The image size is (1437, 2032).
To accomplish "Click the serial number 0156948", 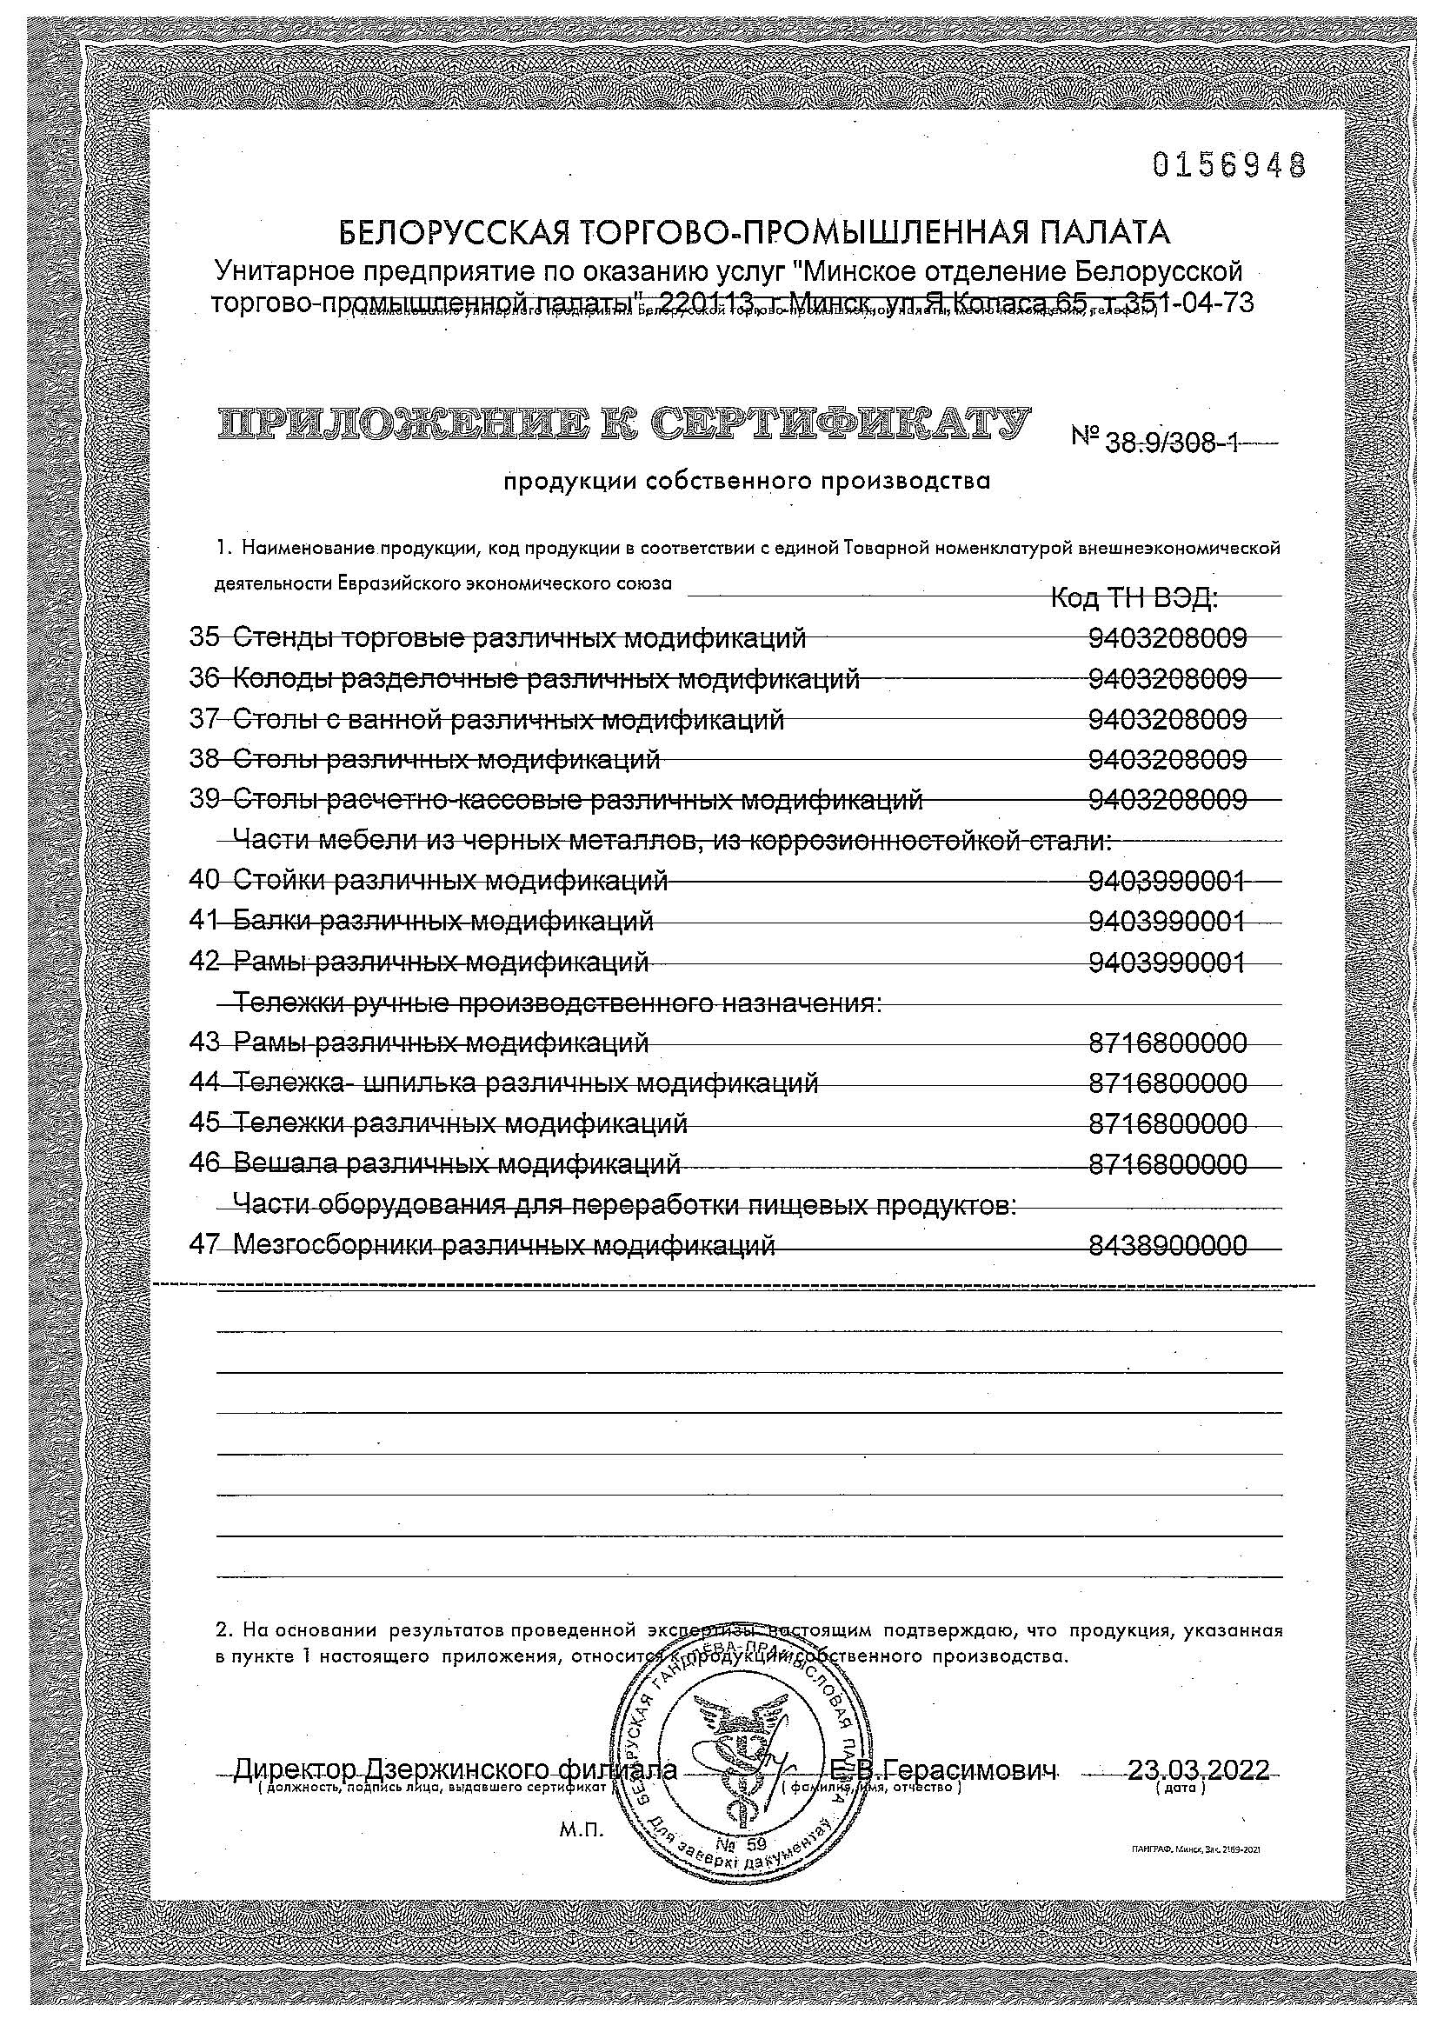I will [x=1230, y=164].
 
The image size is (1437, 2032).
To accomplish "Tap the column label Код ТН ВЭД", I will [x=1134, y=599].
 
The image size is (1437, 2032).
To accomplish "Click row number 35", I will [x=204, y=637].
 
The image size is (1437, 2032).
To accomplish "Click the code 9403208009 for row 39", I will [x=1167, y=799].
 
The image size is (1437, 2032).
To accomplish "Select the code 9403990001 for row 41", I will [x=1167, y=922].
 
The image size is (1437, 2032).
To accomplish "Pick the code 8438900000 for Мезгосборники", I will [x=1167, y=1245].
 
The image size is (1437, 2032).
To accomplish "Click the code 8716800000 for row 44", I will [x=1167, y=1083].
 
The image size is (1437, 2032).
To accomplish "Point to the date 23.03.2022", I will [x=1197, y=1770].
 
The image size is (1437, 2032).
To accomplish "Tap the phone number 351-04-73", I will [x=1181, y=303].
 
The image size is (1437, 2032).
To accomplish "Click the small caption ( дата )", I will [x=1181, y=1788].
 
